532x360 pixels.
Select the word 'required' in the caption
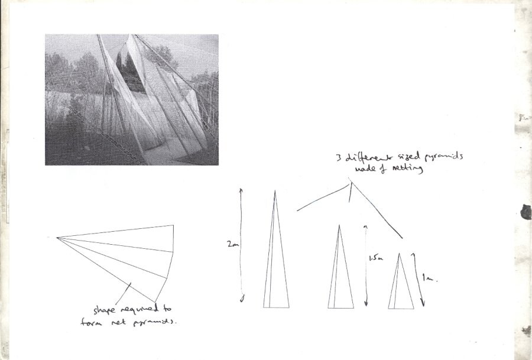point(138,309)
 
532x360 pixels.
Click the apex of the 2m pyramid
point(274,191)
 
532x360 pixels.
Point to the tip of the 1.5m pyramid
point(339,225)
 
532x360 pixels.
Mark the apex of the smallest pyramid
point(400,254)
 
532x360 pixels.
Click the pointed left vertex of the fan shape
point(57,238)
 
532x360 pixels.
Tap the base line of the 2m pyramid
point(277,307)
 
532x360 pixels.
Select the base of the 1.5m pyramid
point(340,308)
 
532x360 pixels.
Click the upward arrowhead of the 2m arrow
point(241,189)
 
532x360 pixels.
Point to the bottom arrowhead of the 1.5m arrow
point(366,304)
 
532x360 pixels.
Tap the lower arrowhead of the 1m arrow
point(423,305)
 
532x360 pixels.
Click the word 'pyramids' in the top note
point(442,158)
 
